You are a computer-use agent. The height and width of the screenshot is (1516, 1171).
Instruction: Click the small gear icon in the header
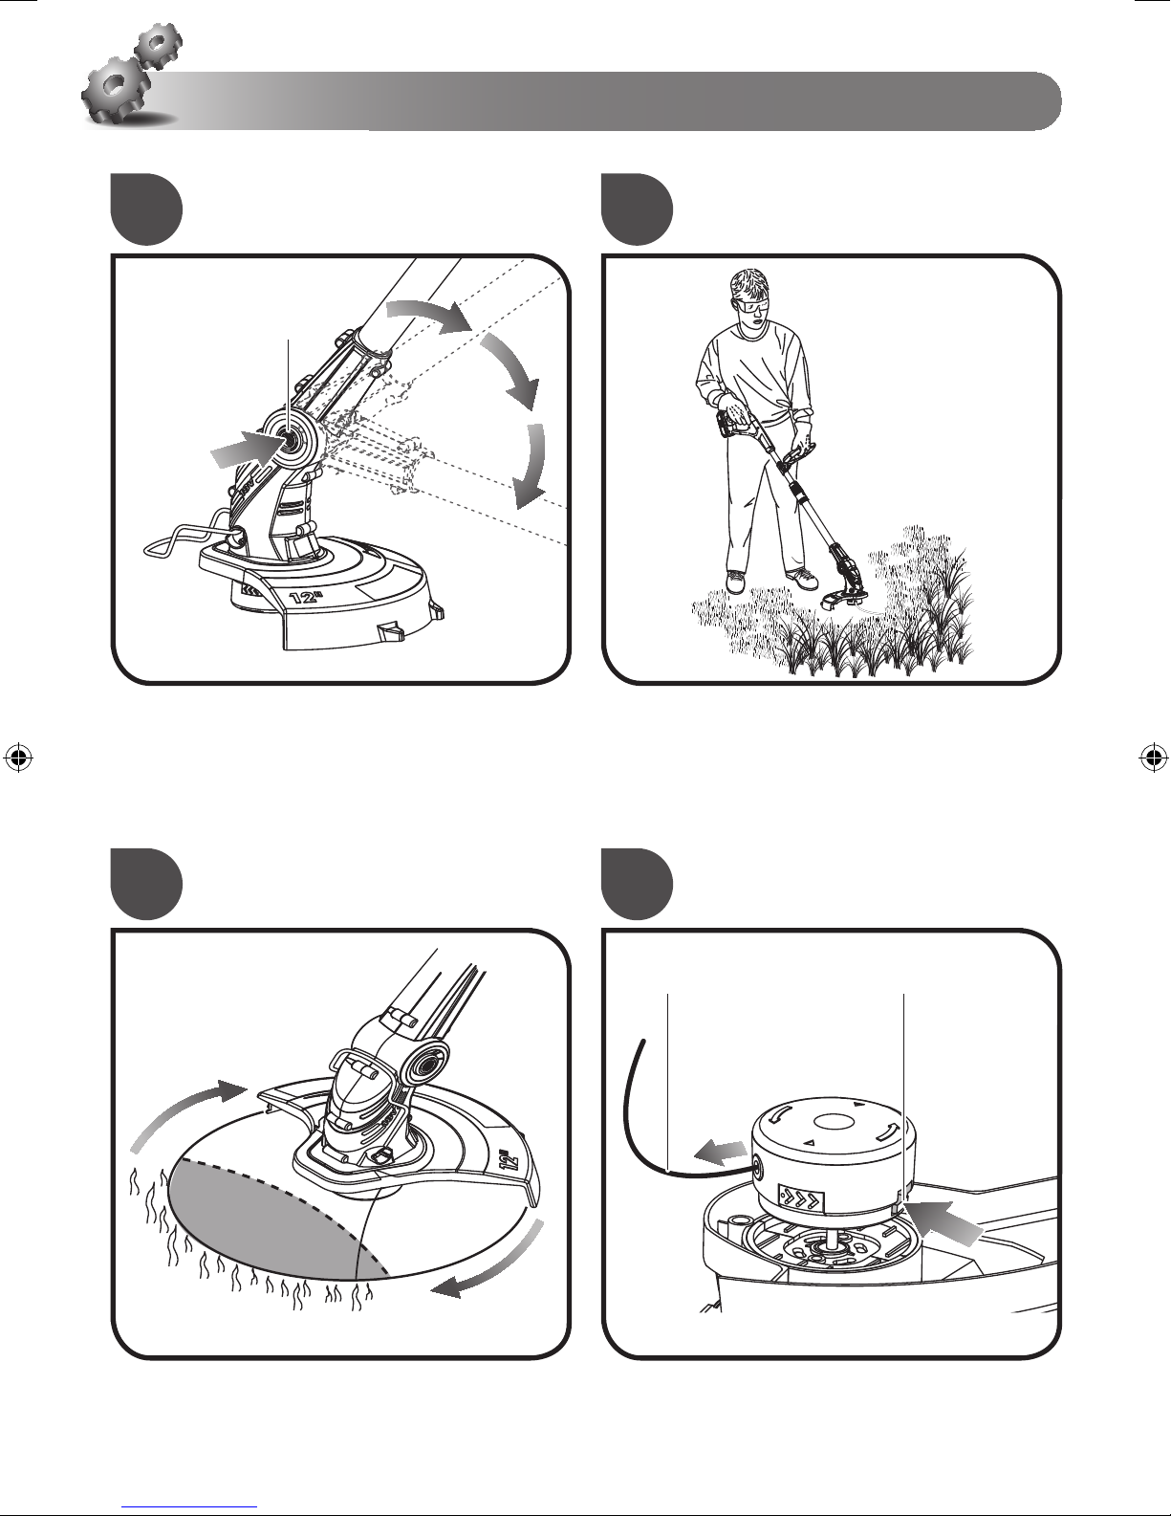pyautogui.click(x=159, y=45)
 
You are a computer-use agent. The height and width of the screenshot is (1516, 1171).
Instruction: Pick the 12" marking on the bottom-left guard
pyautogui.click(x=510, y=1161)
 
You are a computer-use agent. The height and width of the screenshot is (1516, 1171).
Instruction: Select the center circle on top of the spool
pyautogui.click(x=833, y=1123)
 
